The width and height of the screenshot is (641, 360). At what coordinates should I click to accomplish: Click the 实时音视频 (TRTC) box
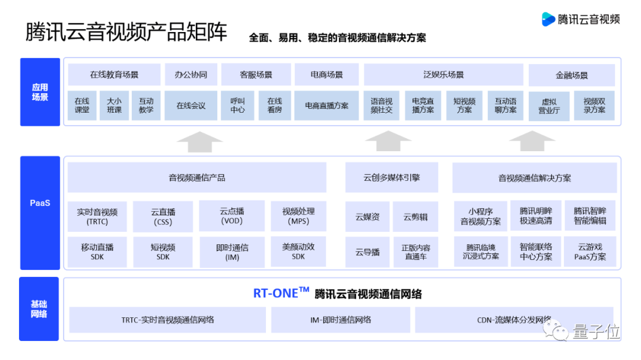pos(97,216)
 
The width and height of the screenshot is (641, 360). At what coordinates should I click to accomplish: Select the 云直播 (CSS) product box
pos(163,216)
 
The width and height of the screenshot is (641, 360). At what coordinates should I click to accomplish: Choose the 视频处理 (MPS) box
pos(299,216)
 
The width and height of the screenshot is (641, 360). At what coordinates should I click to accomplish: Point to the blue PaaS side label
pos(40,203)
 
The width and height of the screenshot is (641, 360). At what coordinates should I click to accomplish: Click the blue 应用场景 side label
pos(40,92)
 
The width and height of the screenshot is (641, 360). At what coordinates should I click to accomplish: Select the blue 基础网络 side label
pos(39,309)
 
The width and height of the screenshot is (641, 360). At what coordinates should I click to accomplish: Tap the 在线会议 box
pos(191,106)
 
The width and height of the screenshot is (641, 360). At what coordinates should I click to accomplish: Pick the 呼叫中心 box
pos(237,106)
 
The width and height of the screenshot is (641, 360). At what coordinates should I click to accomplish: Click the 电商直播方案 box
pos(327,106)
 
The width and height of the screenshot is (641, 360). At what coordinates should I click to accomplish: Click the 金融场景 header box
pos(572,75)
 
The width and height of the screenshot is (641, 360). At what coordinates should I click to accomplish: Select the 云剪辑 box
pos(415,217)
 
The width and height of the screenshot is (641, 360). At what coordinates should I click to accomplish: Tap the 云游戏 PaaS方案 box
pos(590,252)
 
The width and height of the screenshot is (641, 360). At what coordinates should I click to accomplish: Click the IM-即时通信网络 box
pos(341,320)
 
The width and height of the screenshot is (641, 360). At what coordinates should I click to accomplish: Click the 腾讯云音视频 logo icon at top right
pos(548,19)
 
